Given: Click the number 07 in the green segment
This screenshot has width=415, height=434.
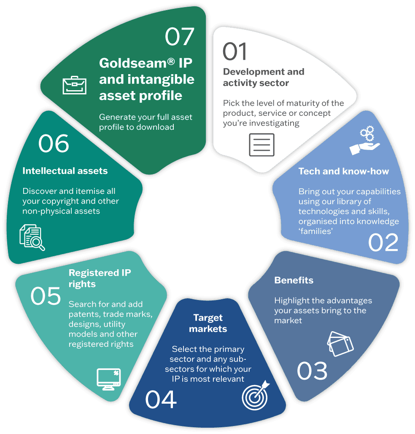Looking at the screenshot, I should tap(179, 37).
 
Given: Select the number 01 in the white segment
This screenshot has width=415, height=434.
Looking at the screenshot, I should tap(235, 51).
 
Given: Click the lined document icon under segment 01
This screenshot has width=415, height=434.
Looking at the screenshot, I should tap(261, 145).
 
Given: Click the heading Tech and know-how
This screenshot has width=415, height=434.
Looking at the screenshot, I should tap(343, 171).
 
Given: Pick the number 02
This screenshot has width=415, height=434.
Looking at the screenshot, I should tap(383, 242).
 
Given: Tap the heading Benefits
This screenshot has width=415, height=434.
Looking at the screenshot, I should tap(294, 280).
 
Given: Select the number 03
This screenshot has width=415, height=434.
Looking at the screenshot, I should tap(312, 371).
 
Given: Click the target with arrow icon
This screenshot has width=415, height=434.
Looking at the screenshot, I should tap(256, 395).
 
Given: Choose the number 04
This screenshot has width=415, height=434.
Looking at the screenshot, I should tap(161, 399).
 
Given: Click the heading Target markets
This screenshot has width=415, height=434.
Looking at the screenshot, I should tap(208, 323).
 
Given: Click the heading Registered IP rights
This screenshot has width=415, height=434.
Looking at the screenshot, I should tap(100, 278).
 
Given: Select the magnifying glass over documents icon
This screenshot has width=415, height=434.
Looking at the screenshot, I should tap(32, 238).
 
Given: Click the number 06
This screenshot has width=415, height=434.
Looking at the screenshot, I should tap(54, 143).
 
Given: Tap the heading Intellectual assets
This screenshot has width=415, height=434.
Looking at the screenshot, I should tap(65, 171).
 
